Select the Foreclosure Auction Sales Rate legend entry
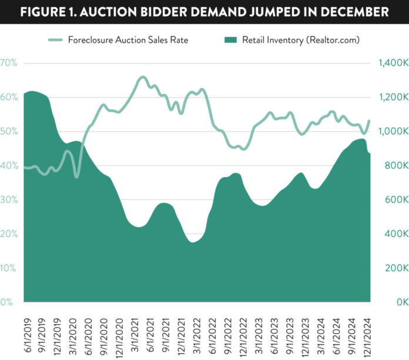(x=135, y=40)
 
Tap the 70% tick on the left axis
(x=8, y=63)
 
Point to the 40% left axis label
(x=8, y=166)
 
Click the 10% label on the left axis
(x=8, y=268)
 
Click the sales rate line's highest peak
(x=142, y=77)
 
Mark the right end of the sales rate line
(x=369, y=121)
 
